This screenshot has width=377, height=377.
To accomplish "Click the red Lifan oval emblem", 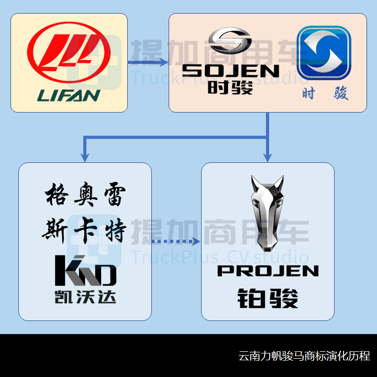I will point(69,51).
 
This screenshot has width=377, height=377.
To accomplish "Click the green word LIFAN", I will point(69,95).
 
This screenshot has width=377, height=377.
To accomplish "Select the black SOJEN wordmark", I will point(230,71).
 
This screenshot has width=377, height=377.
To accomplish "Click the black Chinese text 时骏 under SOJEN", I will point(230,86).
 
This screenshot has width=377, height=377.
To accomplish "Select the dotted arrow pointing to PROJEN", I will point(176,241).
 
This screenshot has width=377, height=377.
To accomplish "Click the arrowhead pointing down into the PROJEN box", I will point(267,157).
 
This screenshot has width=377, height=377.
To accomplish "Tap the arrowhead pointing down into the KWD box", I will point(84,157).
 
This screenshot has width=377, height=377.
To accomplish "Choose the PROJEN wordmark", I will point(268,271).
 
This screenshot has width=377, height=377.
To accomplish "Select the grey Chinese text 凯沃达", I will point(85,296).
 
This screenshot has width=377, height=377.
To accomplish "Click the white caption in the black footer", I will point(304,356).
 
